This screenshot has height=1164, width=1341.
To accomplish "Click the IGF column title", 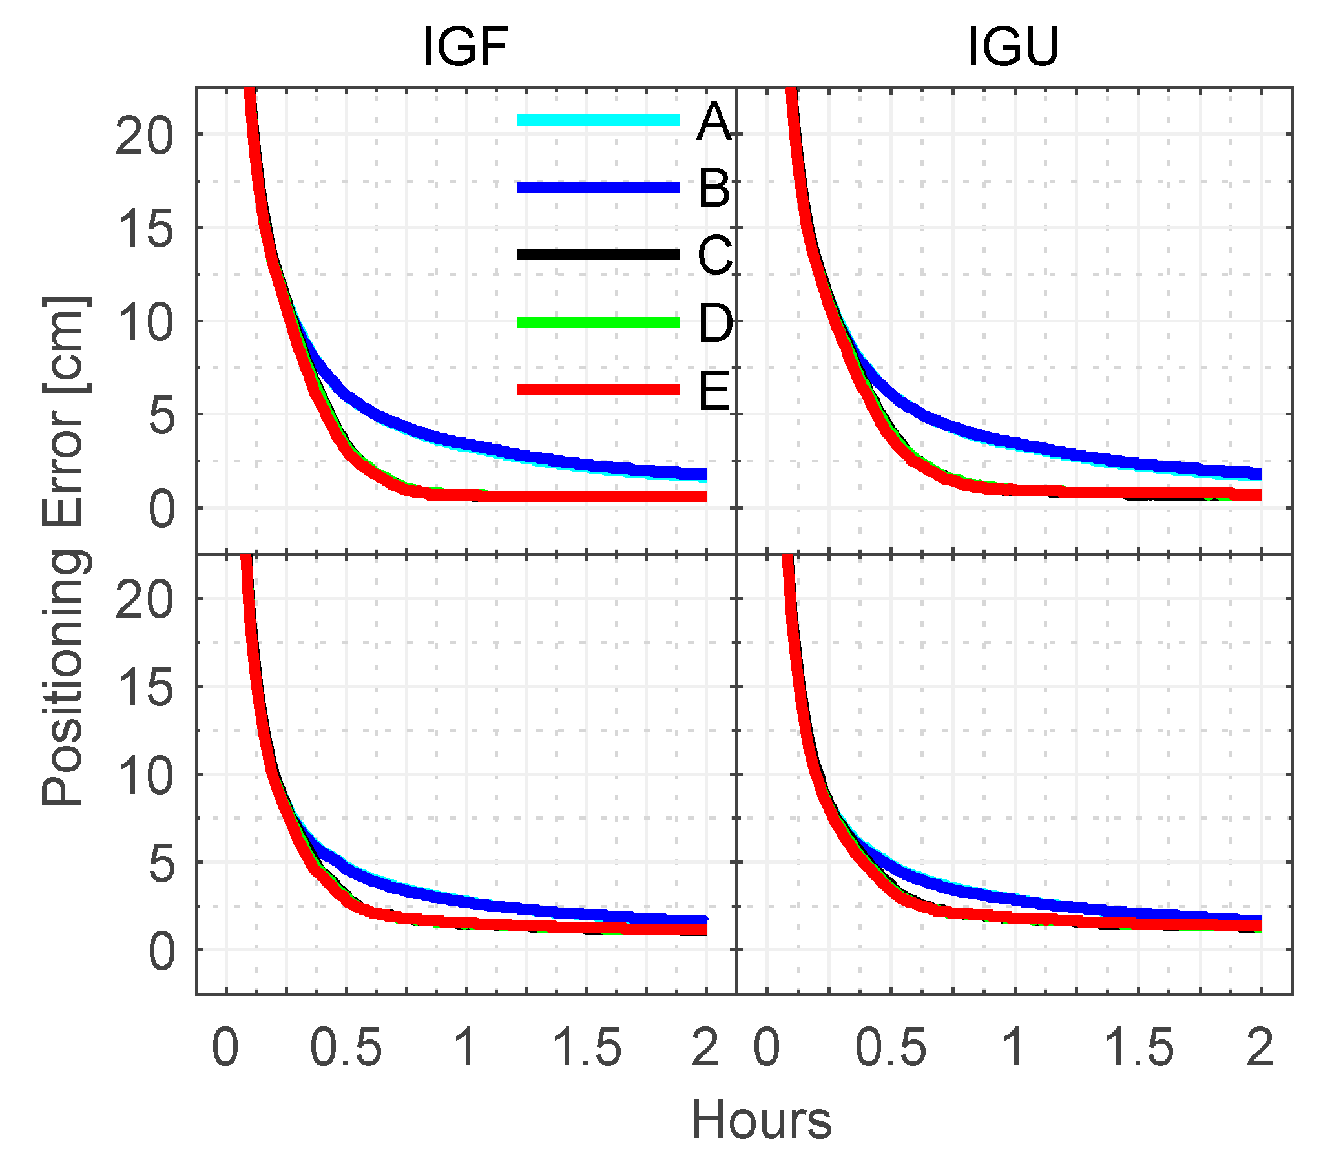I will pyautogui.click(x=465, y=47).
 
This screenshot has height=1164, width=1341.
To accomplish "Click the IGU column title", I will pyautogui.click(x=1014, y=47).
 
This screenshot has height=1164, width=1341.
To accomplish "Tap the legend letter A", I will pyautogui.click(x=714, y=122).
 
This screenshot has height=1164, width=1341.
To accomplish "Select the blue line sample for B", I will pyautogui.click(x=598, y=188).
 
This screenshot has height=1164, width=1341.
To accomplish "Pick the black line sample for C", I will pyautogui.click(x=598, y=255).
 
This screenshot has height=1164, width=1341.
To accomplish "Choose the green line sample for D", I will pyautogui.click(x=598, y=322).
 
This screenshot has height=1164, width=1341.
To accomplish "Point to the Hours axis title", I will pyautogui.click(x=761, y=1120).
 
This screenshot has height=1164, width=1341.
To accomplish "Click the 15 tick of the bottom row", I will pyautogui.click(x=146, y=688).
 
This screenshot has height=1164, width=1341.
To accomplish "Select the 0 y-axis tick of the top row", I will pyautogui.click(x=161, y=510).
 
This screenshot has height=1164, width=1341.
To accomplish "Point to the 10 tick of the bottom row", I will pyautogui.click(x=146, y=777).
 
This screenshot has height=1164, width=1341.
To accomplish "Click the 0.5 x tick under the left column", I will pyautogui.click(x=346, y=1048).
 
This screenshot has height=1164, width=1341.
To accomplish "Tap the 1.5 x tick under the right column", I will pyautogui.click(x=1139, y=1048).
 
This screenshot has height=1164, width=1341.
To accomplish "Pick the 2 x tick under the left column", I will pyautogui.click(x=705, y=1048).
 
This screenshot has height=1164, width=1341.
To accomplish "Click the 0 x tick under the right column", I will pyautogui.click(x=767, y=1048).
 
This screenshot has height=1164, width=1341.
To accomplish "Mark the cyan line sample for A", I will pyautogui.click(x=598, y=120).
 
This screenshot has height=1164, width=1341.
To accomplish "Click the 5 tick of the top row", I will pyautogui.click(x=161, y=417).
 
